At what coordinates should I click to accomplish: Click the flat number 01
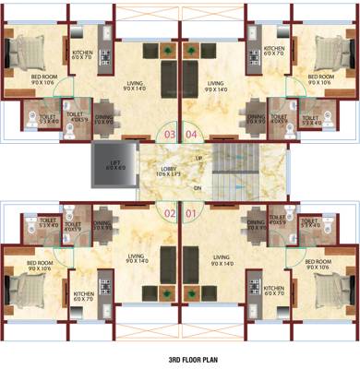tap(191, 215)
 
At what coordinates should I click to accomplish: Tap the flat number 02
tap(170, 215)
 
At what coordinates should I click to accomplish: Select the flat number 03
tap(170, 135)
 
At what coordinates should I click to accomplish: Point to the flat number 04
tap(191, 135)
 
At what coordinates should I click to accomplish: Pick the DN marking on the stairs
tap(198, 187)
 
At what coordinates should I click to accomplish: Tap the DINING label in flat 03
tap(104, 117)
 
